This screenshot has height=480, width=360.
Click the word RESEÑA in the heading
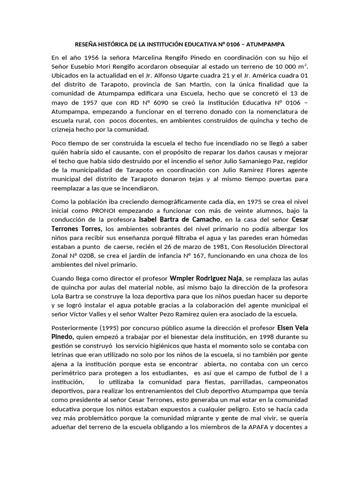(88, 45)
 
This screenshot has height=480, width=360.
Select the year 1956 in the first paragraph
(90, 58)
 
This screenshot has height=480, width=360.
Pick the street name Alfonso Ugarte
(188, 76)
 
